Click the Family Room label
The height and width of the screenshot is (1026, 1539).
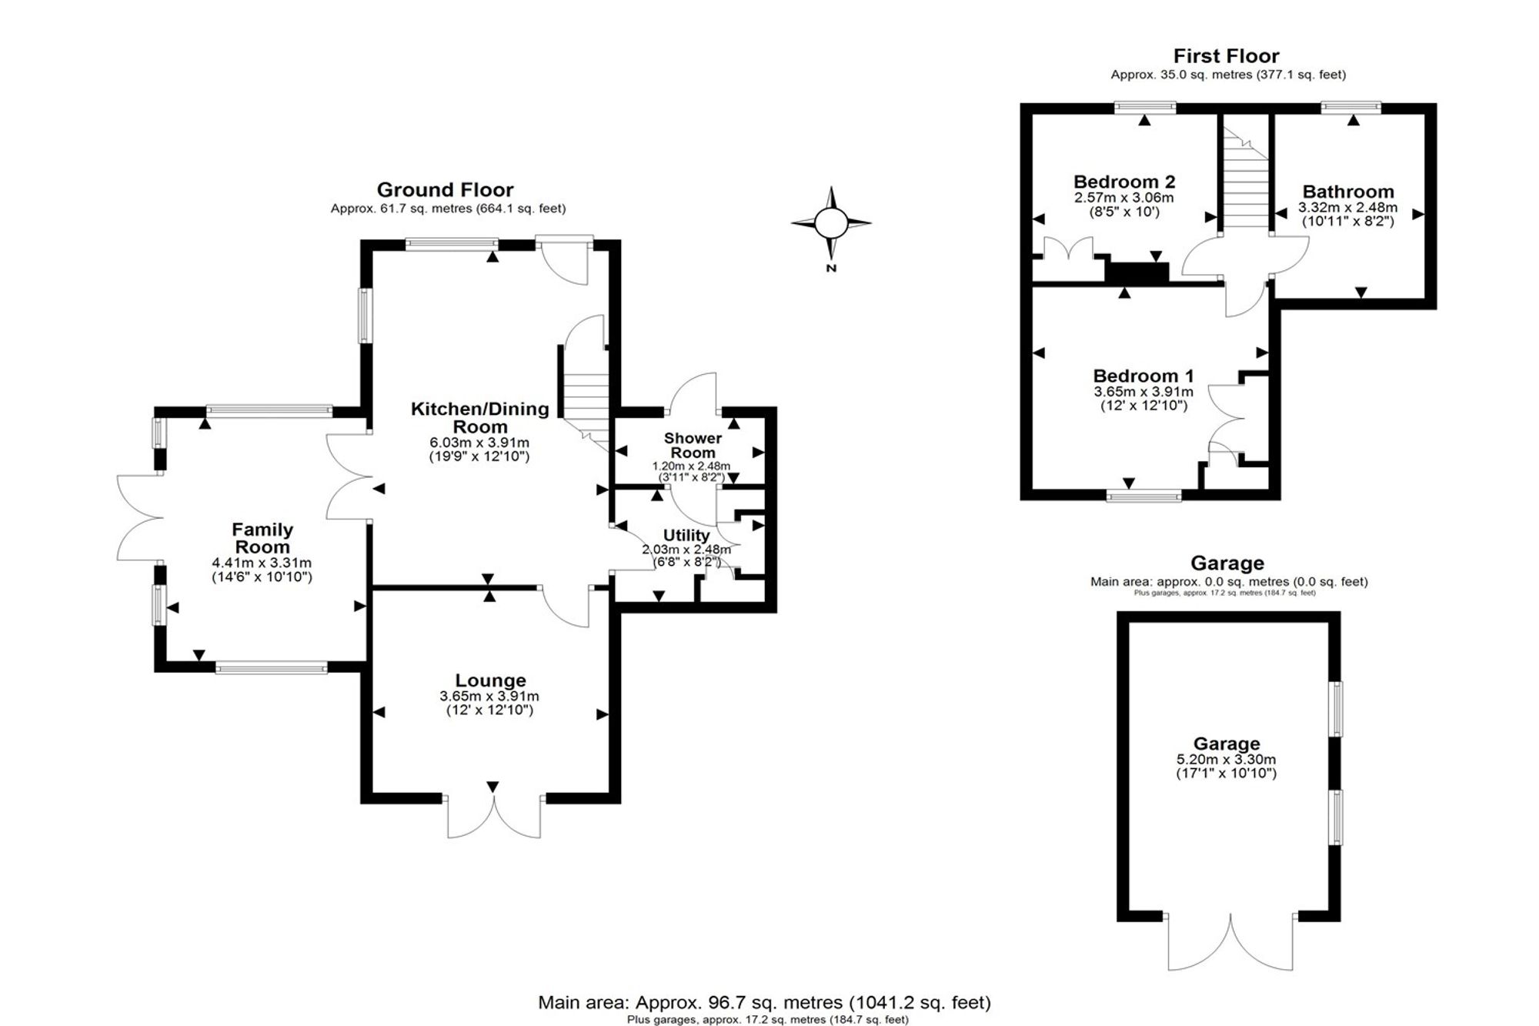(262, 538)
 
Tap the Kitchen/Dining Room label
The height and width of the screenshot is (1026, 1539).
(479, 417)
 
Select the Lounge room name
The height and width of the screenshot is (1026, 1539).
(490, 680)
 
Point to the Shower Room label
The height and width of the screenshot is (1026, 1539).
(693, 445)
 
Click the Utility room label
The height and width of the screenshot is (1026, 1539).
(686, 535)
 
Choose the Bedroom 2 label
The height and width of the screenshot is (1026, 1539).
(1124, 182)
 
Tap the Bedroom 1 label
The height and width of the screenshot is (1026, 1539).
(1143, 376)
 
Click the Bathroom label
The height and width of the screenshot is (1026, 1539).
(1348, 192)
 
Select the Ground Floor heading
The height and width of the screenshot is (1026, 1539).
(445, 189)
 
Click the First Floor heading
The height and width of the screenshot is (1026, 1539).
(1227, 55)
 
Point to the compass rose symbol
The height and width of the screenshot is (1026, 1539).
(831, 223)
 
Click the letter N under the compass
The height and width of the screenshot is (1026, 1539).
(831, 269)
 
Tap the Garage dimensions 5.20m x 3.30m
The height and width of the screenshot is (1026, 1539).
(1227, 759)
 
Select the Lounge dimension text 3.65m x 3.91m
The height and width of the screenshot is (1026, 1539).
(489, 696)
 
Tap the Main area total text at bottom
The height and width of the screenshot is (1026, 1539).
(764, 1002)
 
